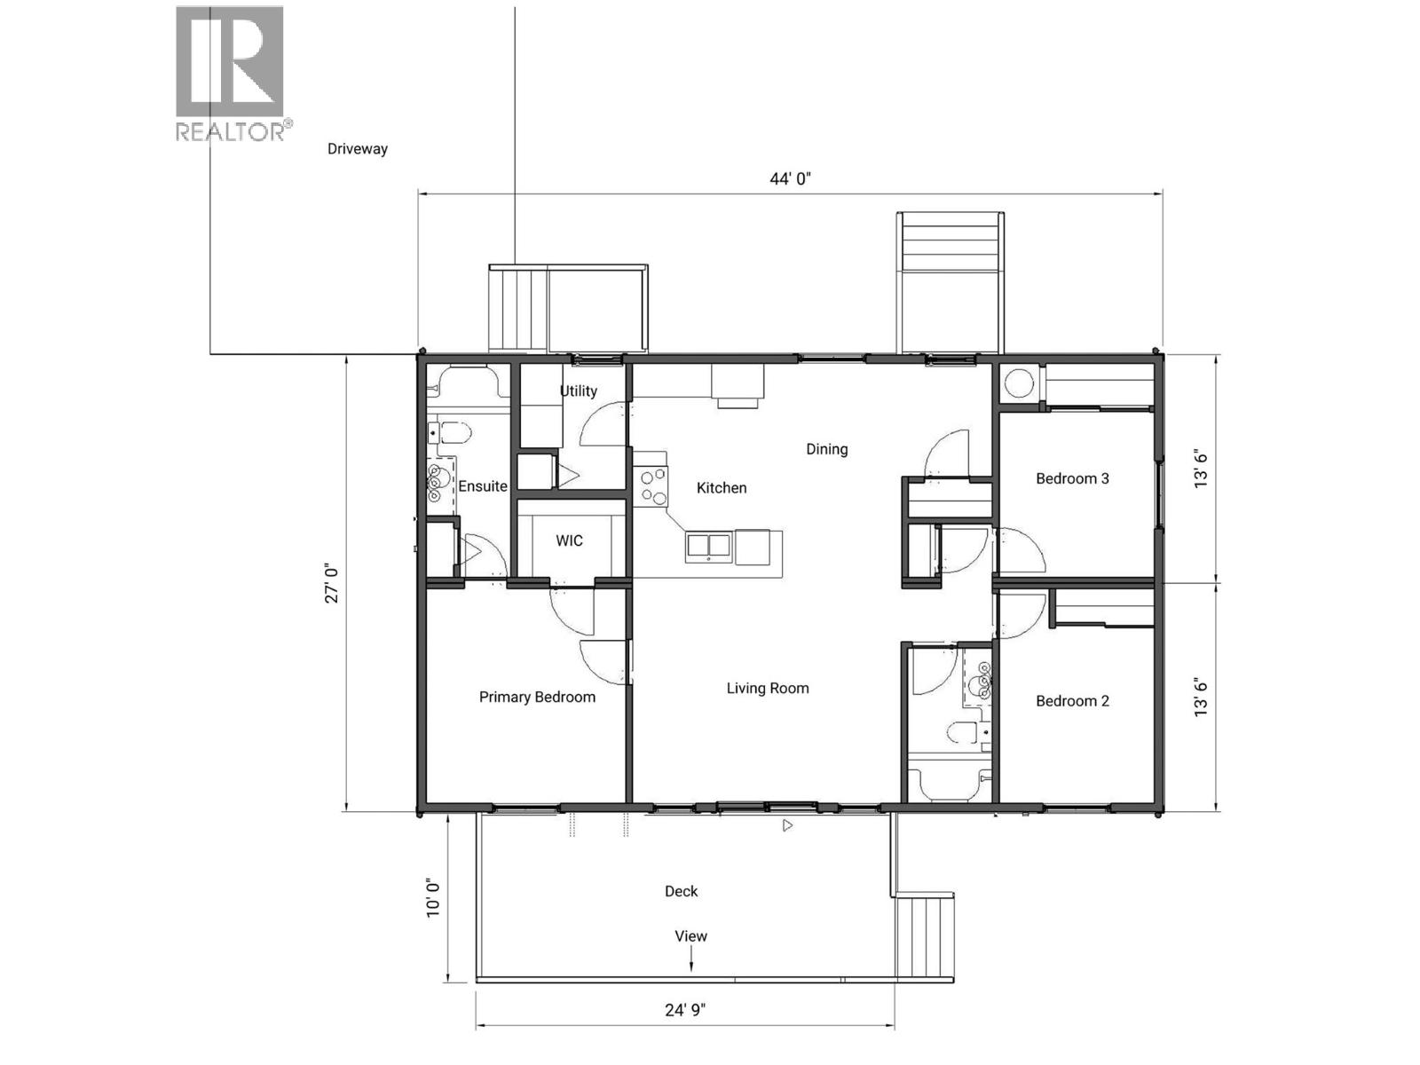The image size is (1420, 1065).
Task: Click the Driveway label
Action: point(358,149)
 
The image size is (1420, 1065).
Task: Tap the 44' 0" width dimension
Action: point(790,179)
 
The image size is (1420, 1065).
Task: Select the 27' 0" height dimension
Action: point(332,583)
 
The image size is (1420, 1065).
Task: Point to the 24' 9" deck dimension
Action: point(685,1010)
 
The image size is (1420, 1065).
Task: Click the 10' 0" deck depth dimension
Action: point(433,898)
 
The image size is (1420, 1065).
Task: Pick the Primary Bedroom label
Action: point(537,698)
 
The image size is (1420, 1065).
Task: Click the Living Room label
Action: point(768,689)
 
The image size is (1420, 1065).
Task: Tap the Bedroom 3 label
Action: point(1072,479)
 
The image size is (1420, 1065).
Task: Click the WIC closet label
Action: point(569,541)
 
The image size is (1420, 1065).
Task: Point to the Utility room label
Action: point(578,391)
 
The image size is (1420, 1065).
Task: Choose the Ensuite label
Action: point(482,486)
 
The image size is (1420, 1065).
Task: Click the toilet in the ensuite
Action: point(453,434)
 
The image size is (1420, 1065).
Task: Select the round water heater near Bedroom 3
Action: point(1019,384)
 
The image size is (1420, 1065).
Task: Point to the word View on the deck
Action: point(690,936)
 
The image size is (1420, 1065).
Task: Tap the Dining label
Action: point(826,450)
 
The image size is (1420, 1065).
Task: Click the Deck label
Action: point(681,892)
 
